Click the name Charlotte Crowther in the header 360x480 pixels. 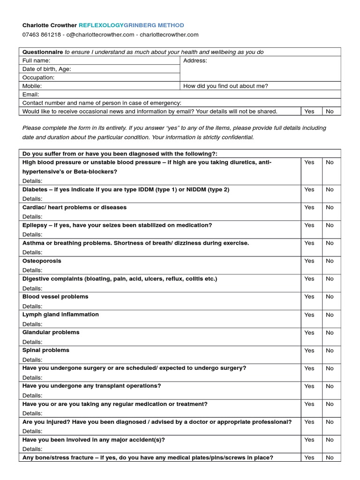click(49, 25)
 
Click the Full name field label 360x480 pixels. click(36, 60)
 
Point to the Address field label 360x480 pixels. click(195, 60)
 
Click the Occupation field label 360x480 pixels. click(38, 77)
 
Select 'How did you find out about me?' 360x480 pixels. click(225, 86)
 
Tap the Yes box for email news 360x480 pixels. click(309, 111)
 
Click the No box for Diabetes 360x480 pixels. click(330, 189)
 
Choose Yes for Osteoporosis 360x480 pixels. click(309, 261)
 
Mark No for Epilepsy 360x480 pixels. click(330, 225)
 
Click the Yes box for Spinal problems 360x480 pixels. click(309, 350)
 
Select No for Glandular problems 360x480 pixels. click(330, 332)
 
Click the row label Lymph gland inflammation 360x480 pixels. click(60, 315)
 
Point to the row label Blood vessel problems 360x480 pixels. click(55, 297)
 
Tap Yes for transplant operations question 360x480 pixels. click(309, 386)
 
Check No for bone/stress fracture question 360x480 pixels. click(330, 457)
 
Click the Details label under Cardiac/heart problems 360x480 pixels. click(32, 217)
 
